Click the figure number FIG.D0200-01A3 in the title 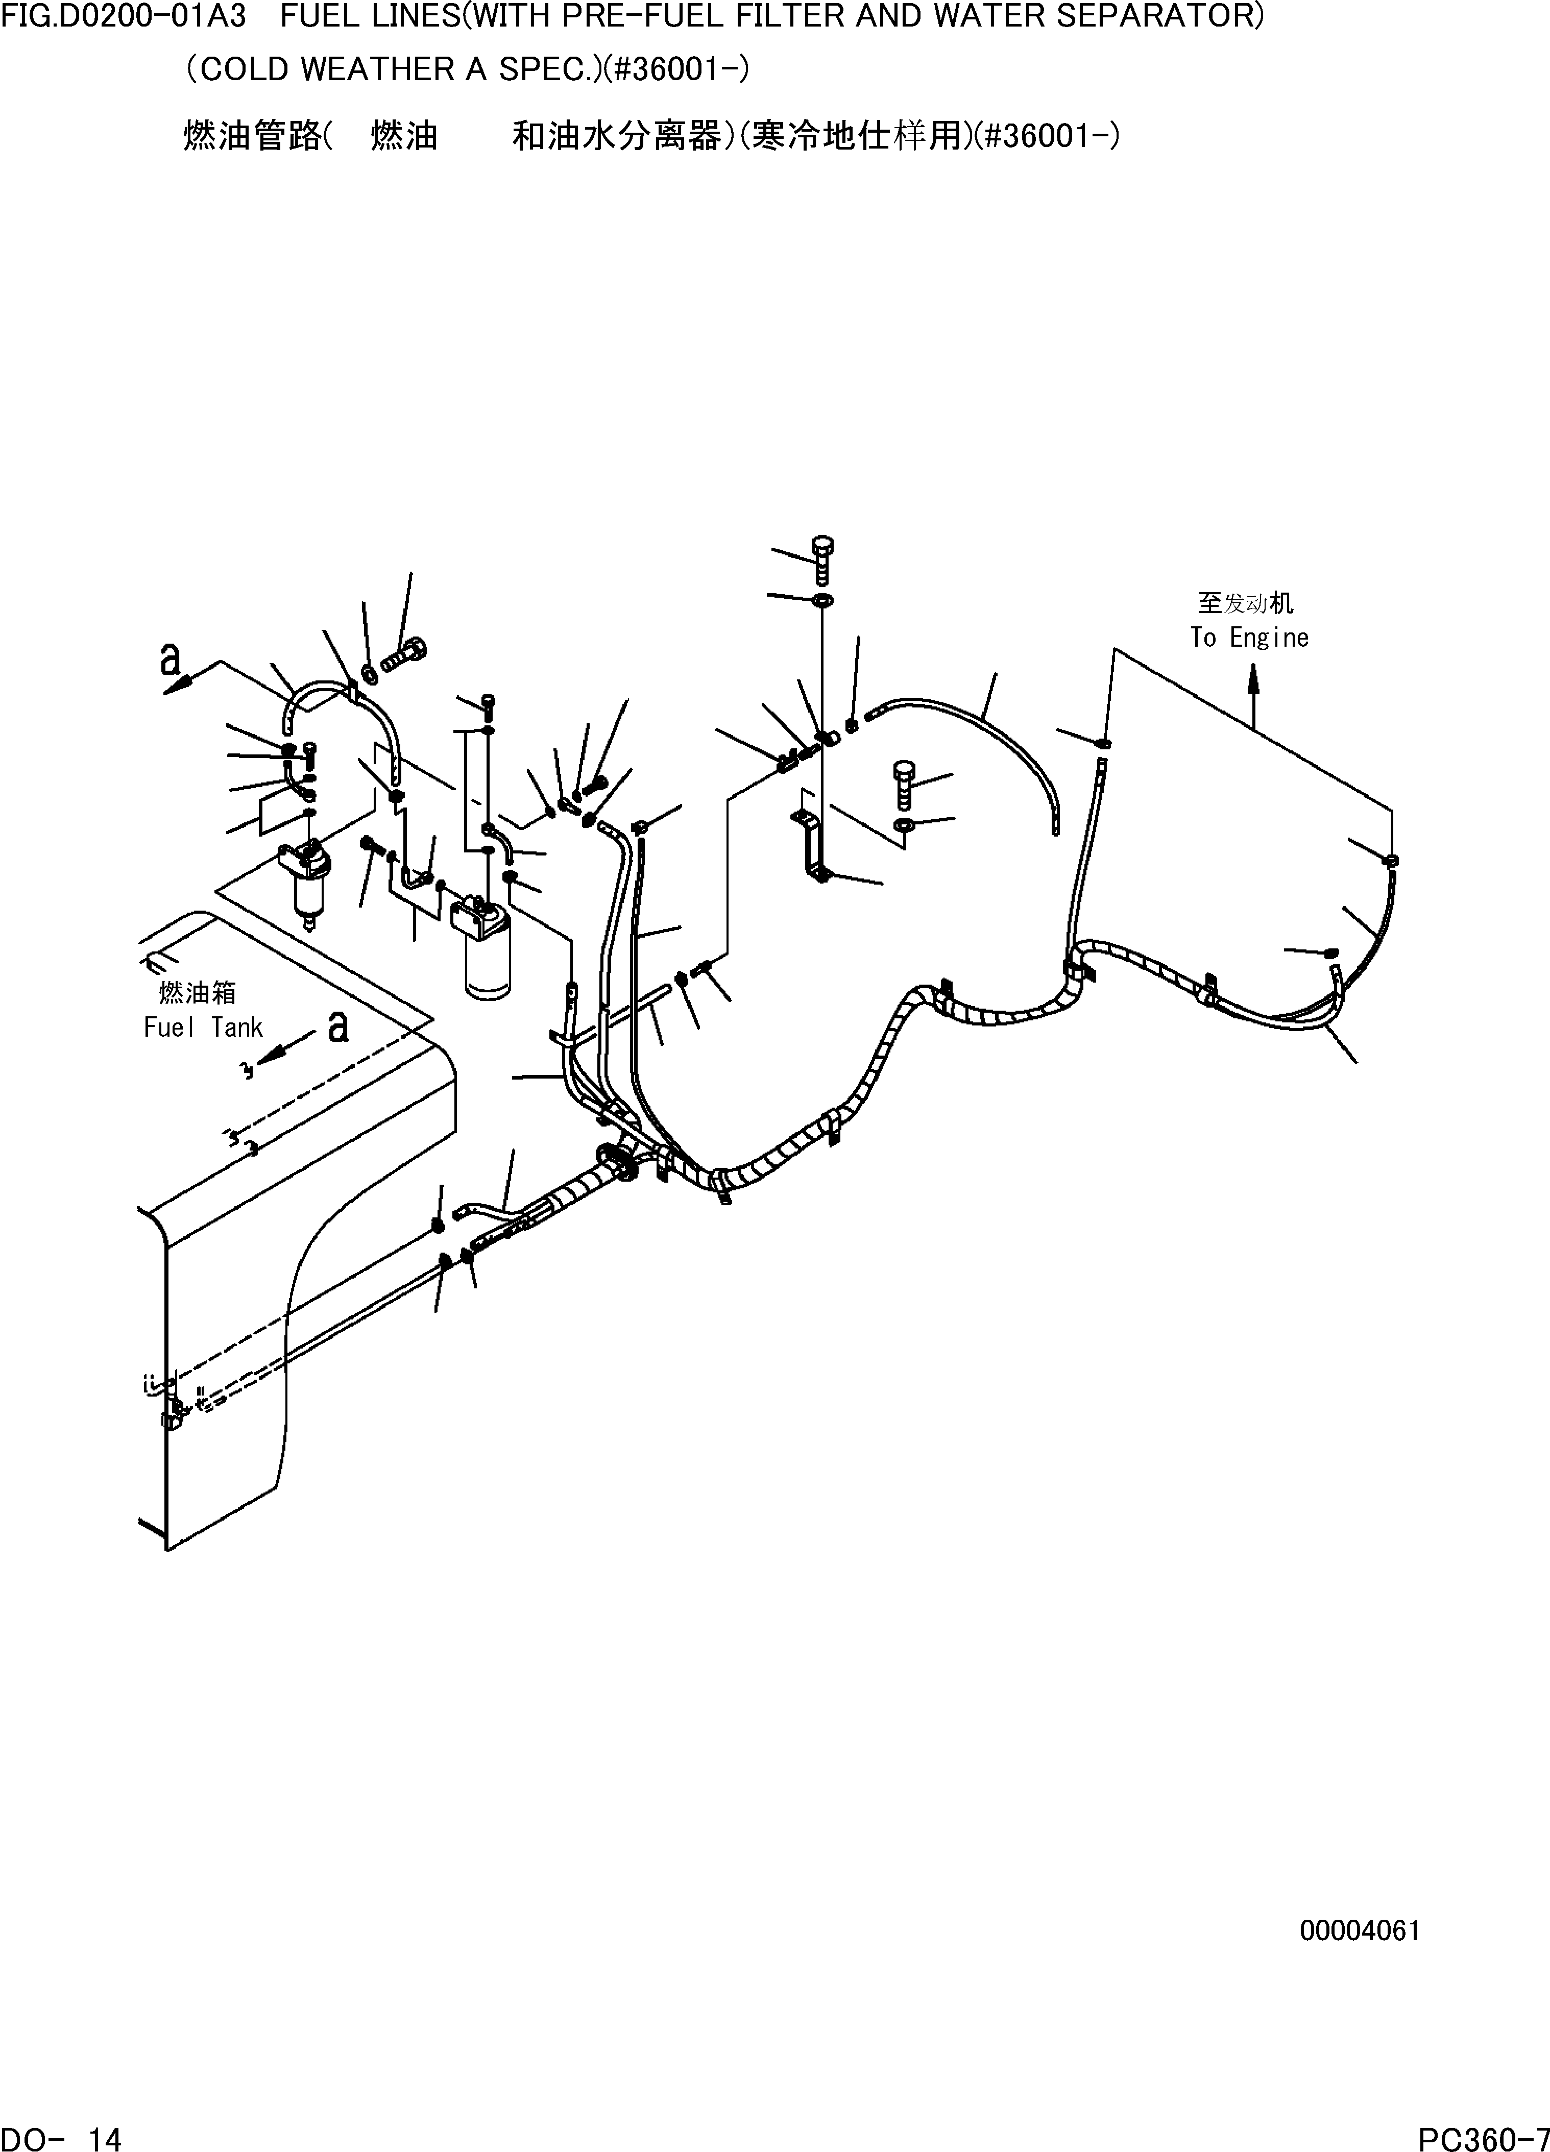pyautogui.click(x=124, y=17)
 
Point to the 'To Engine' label pyautogui.click(x=1249, y=638)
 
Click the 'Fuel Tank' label pyautogui.click(x=202, y=1028)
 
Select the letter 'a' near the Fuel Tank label pyautogui.click(x=338, y=1025)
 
